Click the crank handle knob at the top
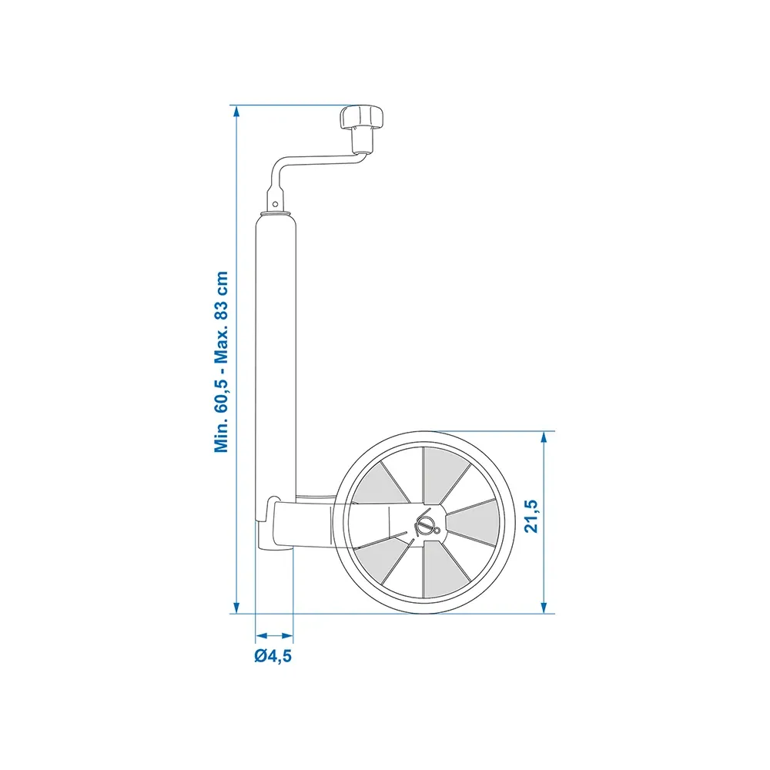[361, 117]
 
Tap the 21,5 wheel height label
[531, 516]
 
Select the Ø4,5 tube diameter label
[273, 655]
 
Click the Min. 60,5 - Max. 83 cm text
[222, 362]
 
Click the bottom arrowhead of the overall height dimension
[236, 608]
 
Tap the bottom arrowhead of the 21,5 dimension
[544, 608]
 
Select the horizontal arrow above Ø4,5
[275, 635]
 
